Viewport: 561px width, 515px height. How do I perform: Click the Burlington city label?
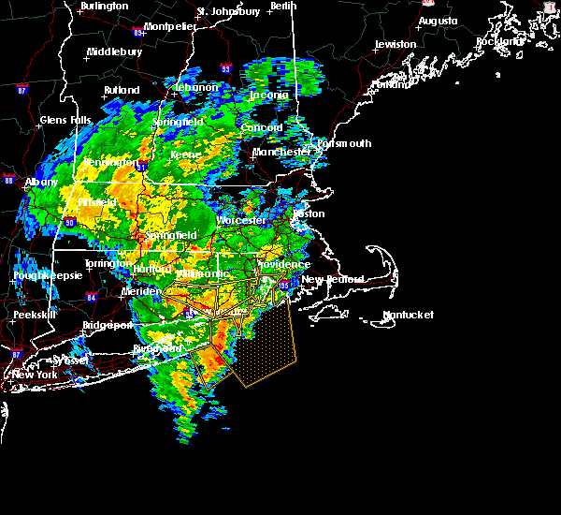pyautogui.click(x=104, y=6)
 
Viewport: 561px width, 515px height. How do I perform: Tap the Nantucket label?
pyautogui.click(x=408, y=315)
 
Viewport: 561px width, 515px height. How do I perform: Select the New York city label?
pyautogui.click(x=35, y=375)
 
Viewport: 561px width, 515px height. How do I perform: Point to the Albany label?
pyautogui.click(x=41, y=182)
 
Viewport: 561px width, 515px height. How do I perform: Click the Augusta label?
pyautogui.click(x=438, y=21)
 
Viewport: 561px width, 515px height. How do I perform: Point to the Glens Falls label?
pyautogui.click(x=65, y=120)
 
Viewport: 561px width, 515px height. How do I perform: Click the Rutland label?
pyautogui.click(x=122, y=91)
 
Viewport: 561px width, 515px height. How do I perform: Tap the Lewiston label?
pyautogui.click(x=395, y=44)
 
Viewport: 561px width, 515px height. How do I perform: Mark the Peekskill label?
pyautogui.click(x=36, y=316)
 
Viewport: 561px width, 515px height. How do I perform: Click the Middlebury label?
pyautogui.click(x=114, y=52)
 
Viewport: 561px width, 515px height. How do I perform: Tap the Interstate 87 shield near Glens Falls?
pyautogui.click(x=22, y=92)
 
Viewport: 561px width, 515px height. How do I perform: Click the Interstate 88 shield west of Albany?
pyautogui.click(x=7, y=181)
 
